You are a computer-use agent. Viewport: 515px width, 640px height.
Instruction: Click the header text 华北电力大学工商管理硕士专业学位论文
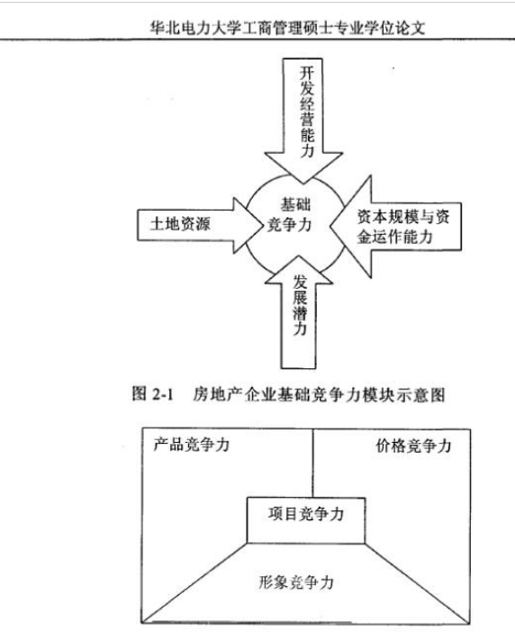coord(287,28)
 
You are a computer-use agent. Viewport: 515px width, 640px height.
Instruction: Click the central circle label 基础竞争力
coord(290,215)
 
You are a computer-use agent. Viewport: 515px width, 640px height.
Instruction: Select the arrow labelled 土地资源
coord(199,225)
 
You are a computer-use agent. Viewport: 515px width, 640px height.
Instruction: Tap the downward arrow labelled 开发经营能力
coord(303,121)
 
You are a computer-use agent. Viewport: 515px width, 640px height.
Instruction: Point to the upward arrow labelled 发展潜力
coord(299,312)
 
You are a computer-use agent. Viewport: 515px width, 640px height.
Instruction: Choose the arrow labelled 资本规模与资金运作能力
coord(395,227)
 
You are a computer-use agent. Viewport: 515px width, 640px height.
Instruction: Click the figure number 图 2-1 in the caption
coord(153,394)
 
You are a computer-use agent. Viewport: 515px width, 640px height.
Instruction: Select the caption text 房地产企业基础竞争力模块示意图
coord(319,395)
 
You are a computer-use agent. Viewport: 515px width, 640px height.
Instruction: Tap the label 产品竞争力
coord(191,445)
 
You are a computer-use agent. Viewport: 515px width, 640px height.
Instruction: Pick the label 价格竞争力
coord(413,446)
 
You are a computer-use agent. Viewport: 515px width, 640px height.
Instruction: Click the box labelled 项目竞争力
coord(306,520)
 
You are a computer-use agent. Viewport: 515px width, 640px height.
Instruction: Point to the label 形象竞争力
coord(296,582)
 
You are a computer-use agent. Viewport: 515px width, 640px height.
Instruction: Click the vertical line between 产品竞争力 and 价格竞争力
coord(312,463)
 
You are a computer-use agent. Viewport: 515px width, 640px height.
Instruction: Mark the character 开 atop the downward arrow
coord(307,73)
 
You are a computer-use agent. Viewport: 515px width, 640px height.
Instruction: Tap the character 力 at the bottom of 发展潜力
coord(300,329)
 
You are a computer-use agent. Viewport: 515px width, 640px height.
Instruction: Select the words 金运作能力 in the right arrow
coord(395,237)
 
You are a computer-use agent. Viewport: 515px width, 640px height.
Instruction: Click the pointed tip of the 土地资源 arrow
coord(261,225)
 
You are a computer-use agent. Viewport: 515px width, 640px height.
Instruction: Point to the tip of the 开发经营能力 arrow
coord(303,184)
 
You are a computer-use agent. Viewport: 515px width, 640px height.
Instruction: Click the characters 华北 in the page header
coord(164,28)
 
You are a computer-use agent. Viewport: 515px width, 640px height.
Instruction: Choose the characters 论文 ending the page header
coord(411,28)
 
